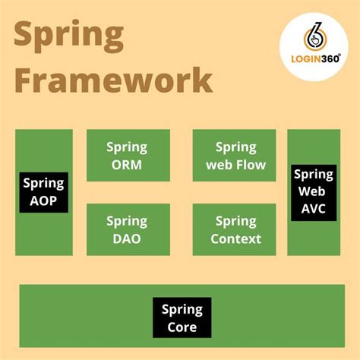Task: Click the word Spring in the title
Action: [69, 36]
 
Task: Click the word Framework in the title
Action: [113, 80]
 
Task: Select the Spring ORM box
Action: [127, 156]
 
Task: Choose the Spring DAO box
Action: [127, 229]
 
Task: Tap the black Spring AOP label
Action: [44, 192]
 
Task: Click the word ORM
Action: [127, 165]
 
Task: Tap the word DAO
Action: [127, 238]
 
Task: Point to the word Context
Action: [236, 238]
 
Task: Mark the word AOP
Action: [44, 201]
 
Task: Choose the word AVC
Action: [314, 209]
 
